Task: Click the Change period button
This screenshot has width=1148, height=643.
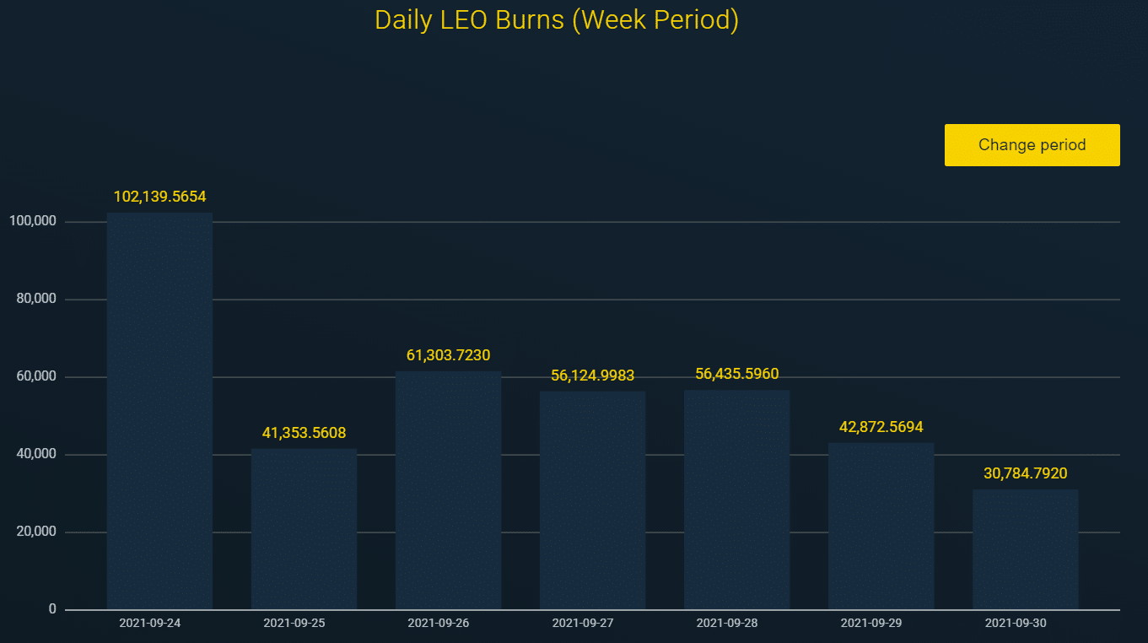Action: [1032, 145]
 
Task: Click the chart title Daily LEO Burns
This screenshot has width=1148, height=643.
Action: [556, 20]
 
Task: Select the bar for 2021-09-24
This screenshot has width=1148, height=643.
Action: [159, 410]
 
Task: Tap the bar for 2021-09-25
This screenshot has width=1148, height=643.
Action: [304, 528]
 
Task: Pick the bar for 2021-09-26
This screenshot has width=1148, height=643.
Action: [448, 489]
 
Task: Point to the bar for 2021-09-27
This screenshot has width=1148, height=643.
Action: [592, 500]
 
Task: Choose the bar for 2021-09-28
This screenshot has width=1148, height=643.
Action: [736, 499]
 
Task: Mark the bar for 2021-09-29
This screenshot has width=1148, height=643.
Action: [881, 525]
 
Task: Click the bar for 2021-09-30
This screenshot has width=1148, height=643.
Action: [1025, 548]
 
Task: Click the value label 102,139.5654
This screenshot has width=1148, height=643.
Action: [159, 197]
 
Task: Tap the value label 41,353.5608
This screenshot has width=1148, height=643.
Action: [304, 433]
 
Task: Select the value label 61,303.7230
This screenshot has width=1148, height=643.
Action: [448, 355]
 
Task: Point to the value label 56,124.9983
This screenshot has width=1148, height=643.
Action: [592, 376]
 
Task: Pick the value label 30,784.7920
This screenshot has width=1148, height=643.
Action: [1025, 473]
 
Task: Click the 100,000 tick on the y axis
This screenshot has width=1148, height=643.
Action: [31, 221]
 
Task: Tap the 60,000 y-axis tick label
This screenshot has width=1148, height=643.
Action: [35, 376]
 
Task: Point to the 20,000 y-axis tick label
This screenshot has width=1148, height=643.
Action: [35, 532]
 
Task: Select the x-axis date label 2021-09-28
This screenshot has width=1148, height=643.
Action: [726, 623]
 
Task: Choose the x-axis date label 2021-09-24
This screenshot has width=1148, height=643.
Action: [149, 623]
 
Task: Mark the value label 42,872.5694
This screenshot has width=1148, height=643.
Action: [881, 427]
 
